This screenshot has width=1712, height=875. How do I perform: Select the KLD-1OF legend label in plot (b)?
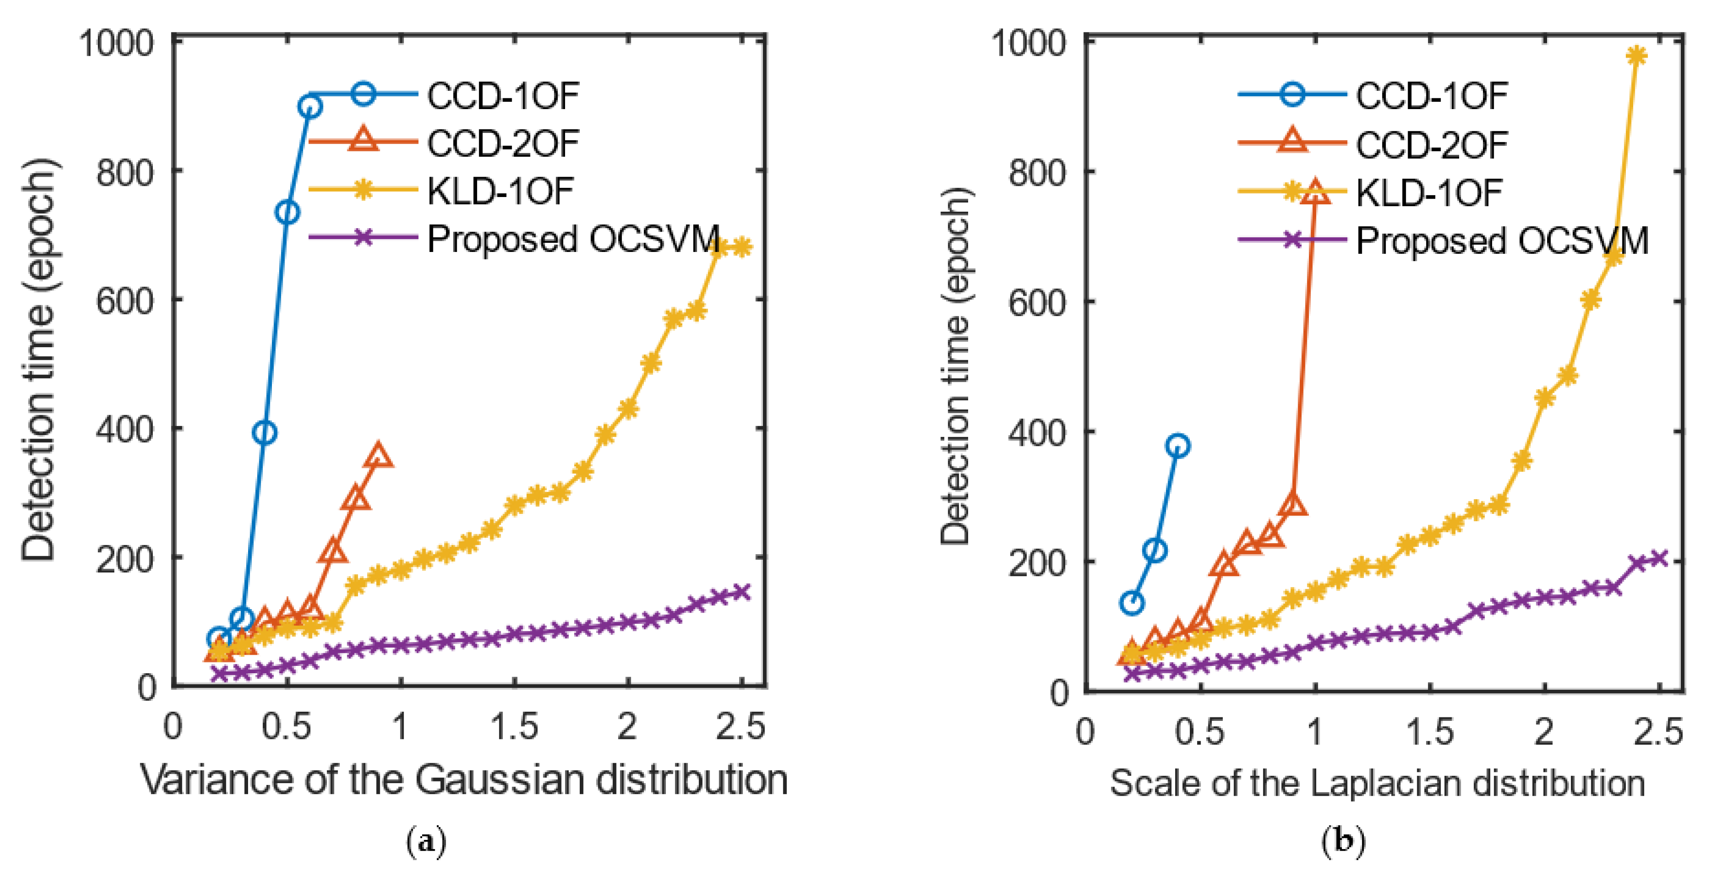[1429, 192]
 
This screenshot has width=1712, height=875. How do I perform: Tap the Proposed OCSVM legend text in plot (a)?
[573, 239]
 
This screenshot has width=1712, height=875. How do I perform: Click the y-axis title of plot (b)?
[957, 365]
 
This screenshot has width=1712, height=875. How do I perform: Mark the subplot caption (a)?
[425, 842]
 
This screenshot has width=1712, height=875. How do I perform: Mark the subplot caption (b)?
[1343, 842]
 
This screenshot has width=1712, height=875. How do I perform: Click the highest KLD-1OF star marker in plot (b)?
[1636, 56]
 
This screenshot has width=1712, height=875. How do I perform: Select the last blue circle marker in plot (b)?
[1178, 446]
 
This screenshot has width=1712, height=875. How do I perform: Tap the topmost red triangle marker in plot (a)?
[379, 456]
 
